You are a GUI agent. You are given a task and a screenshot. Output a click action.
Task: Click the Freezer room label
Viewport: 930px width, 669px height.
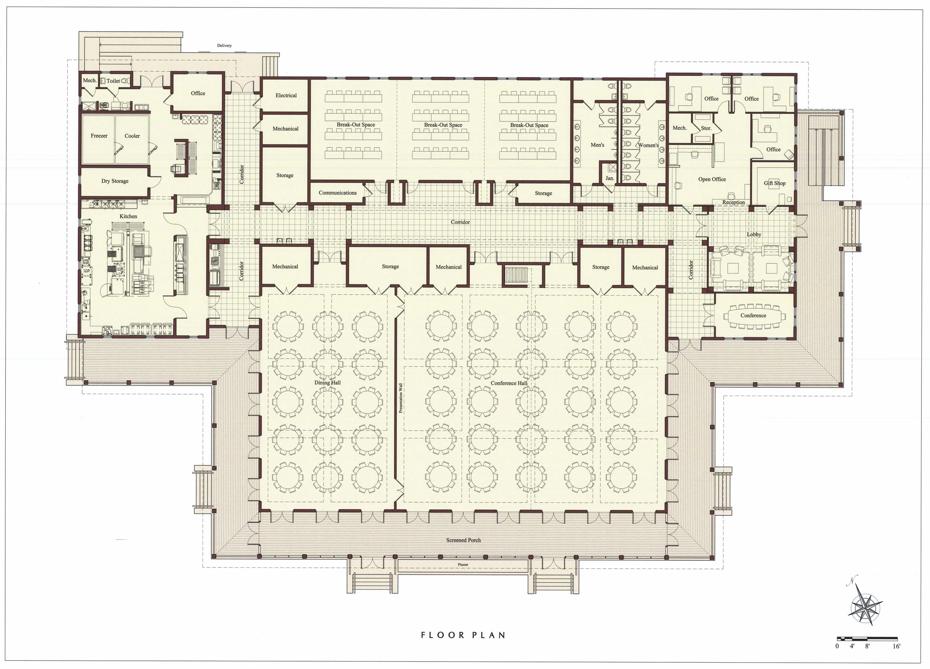coord(99,136)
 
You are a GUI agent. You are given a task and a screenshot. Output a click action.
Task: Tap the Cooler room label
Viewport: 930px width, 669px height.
coord(132,136)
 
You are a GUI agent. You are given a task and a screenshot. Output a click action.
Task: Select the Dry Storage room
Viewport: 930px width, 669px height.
coord(115,181)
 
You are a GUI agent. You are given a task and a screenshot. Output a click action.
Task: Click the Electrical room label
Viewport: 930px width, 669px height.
coord(286,95)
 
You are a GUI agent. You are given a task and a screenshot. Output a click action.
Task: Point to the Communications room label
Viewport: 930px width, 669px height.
coord(337,193)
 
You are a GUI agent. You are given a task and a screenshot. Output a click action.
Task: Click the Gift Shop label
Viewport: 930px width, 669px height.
coord(775,183)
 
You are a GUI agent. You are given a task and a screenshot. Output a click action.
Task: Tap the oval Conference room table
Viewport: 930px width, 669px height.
coord(753,316)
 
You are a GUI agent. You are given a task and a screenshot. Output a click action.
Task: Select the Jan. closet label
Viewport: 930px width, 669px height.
coord(610,178)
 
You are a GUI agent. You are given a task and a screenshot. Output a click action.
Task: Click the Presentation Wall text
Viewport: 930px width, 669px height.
coord(401,398)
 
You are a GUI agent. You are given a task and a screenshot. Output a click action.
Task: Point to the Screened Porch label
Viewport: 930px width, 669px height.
coord(464,540)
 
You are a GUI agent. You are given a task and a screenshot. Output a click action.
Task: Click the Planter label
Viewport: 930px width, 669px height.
coord(463,565)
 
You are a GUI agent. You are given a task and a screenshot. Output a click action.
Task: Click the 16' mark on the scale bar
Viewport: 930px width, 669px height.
coord(897,646)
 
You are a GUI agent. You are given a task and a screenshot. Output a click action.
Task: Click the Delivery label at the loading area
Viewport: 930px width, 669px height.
coord(224,45)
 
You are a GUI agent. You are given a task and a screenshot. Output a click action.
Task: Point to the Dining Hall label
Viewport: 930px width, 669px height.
coord(327,382)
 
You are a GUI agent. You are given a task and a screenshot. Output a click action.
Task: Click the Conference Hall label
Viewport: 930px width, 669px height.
coord(509,383)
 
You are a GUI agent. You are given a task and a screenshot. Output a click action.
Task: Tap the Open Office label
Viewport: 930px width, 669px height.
coord(712,179)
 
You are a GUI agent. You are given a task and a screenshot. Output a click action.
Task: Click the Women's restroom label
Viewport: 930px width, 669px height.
coord(648,145)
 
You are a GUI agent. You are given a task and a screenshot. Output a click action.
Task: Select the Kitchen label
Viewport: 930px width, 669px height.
coord(128,216)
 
